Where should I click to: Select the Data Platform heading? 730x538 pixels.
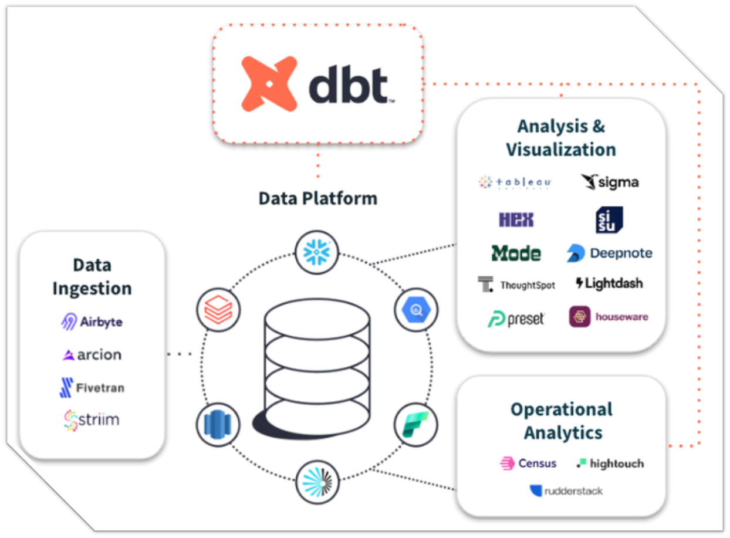click(x=317, y=198)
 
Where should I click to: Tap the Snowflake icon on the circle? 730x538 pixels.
click(x=316, y=252)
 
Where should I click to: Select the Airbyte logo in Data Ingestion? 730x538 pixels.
click(x=92, y=322)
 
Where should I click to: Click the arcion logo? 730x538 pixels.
click(x=92, y=354)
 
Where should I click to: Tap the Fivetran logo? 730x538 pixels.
click(x=92, y=387)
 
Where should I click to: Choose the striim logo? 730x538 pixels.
click(x=92, y=420)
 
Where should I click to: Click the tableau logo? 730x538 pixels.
click(x=515, y=182)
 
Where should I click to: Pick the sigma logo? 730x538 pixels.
click(x=610, y=182)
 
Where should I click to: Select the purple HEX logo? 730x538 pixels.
click(x=516, y=220)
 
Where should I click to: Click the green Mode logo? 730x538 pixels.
click(x=516, y=253)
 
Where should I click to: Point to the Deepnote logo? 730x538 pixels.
click(x=609, y=253)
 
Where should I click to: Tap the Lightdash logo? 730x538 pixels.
click(x=609, y=283)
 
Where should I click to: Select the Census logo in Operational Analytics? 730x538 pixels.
click(x=528, y=463)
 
